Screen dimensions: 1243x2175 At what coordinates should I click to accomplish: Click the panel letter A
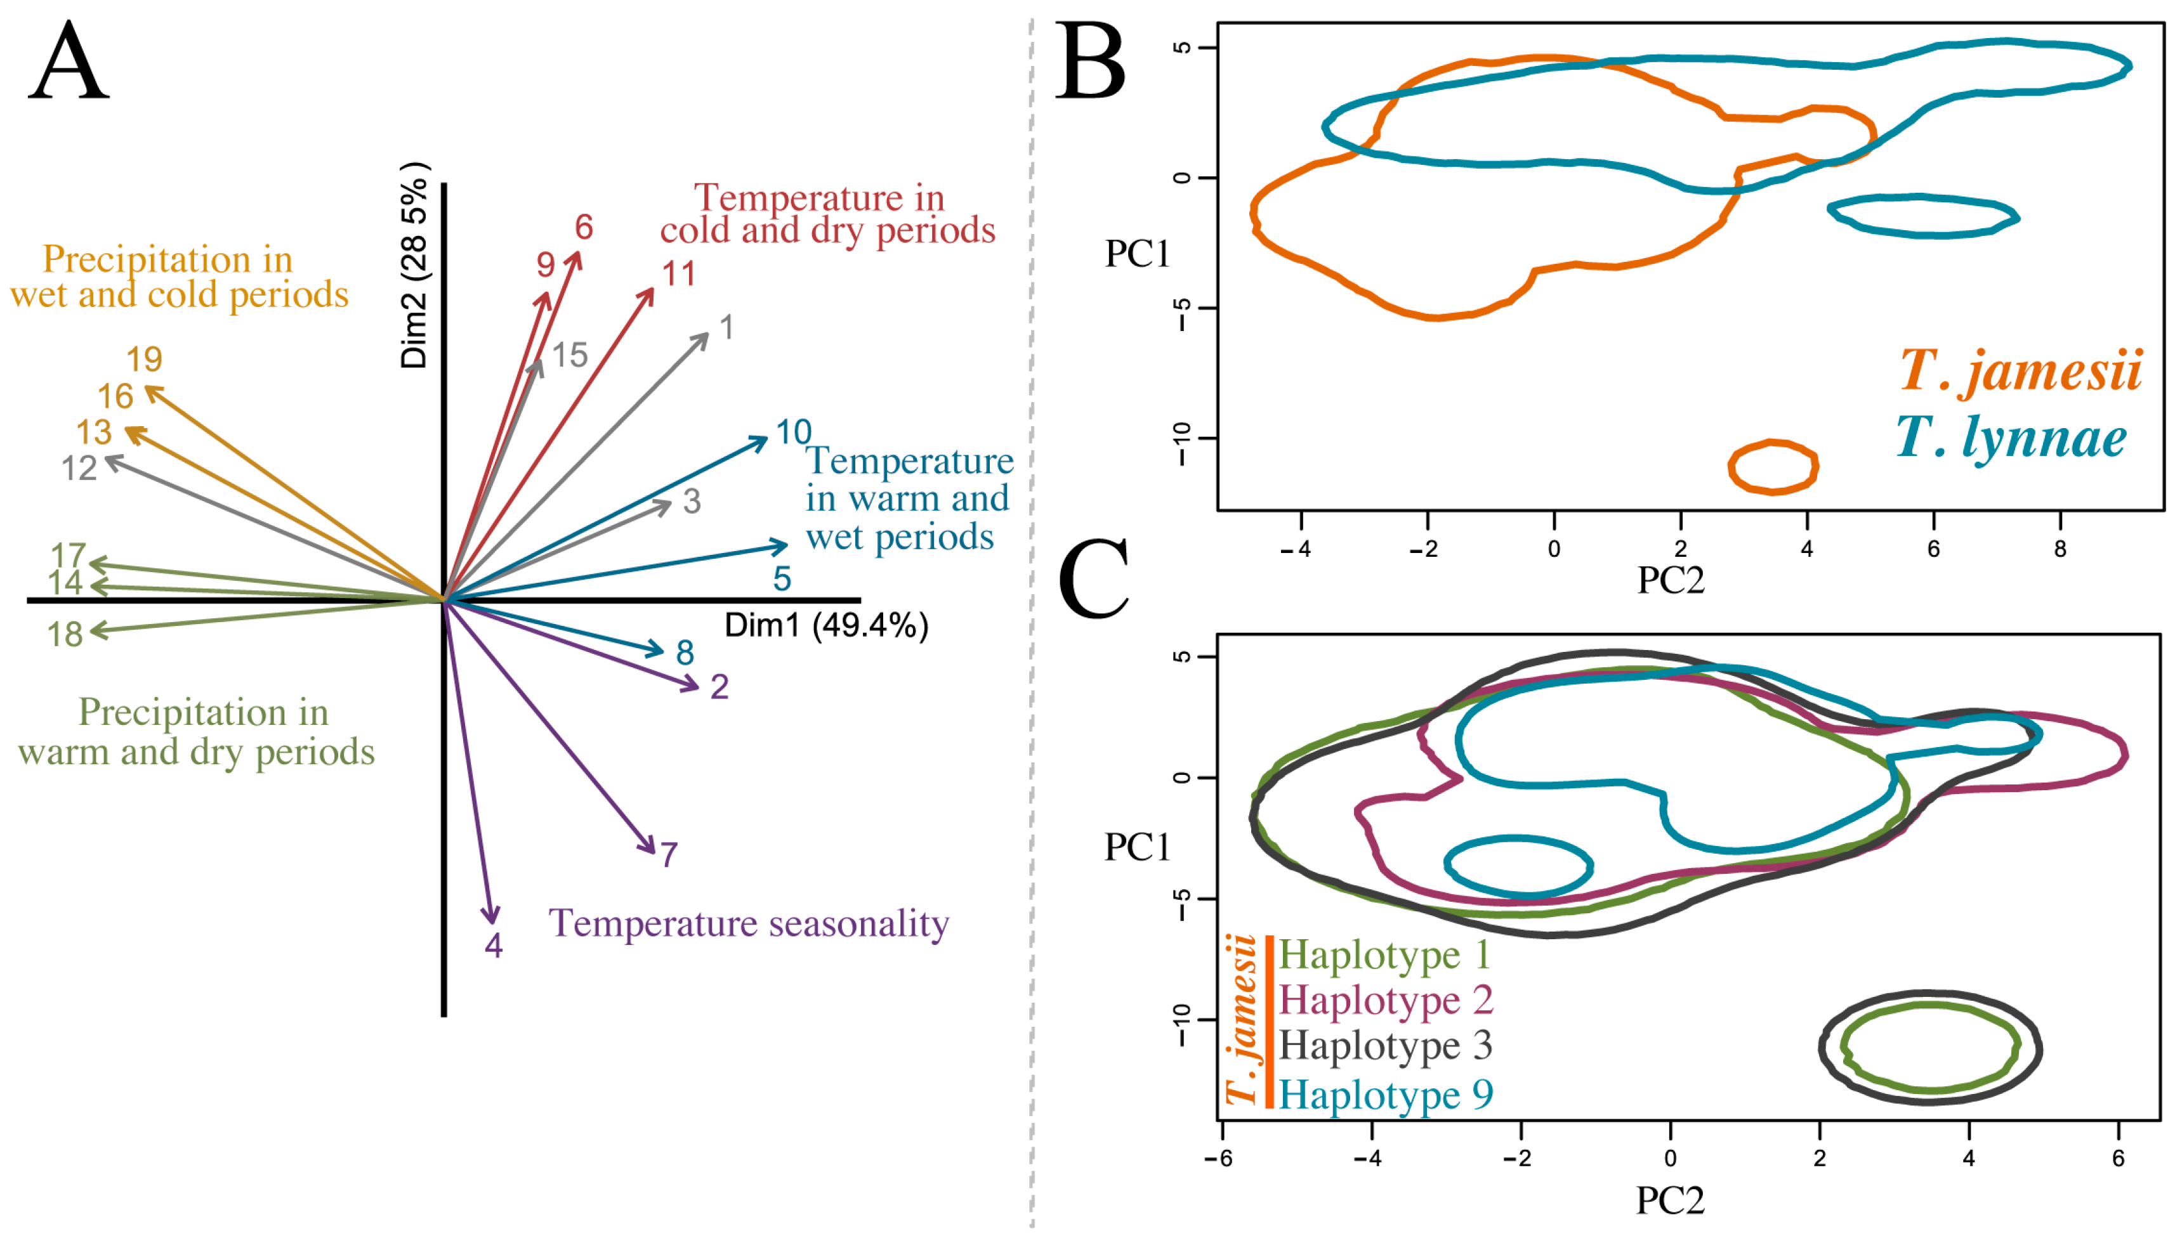(69, 62)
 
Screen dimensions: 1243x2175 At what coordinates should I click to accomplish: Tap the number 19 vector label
(144, 360)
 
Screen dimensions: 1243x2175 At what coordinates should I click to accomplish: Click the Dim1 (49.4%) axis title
(825, 626)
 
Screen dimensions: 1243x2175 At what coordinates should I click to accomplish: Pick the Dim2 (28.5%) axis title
(416, 266)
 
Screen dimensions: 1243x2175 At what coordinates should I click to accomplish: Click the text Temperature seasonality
(748, 924)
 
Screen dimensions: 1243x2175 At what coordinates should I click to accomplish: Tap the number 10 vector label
(792, 432)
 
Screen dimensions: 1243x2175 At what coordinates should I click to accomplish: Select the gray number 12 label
(79, 469)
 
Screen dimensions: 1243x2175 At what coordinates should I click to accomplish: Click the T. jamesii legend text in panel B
(2020, 370)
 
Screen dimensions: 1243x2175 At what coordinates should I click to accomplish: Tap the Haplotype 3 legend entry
(1385, 1046)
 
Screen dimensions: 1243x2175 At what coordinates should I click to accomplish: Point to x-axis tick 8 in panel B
(2060, 549)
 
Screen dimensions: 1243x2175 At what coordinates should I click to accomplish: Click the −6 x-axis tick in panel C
(1219, 1159)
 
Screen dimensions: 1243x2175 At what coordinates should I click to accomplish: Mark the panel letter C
(1094, 580)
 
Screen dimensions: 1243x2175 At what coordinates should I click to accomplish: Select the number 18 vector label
(65, 634)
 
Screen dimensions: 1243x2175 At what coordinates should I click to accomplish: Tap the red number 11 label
(679, 274)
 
